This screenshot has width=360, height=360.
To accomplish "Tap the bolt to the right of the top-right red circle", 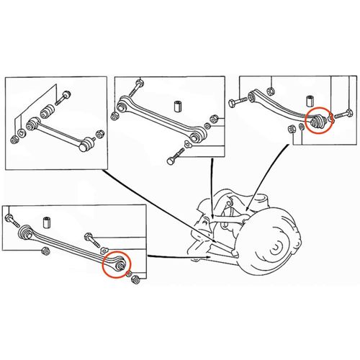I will click(x=342, y=114).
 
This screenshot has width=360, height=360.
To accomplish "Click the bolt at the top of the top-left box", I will click(x=64, y=94).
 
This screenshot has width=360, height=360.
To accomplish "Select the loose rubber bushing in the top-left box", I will click(x=49, y=112).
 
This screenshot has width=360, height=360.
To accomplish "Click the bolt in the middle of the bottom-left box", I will click(x=91, y=237).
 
